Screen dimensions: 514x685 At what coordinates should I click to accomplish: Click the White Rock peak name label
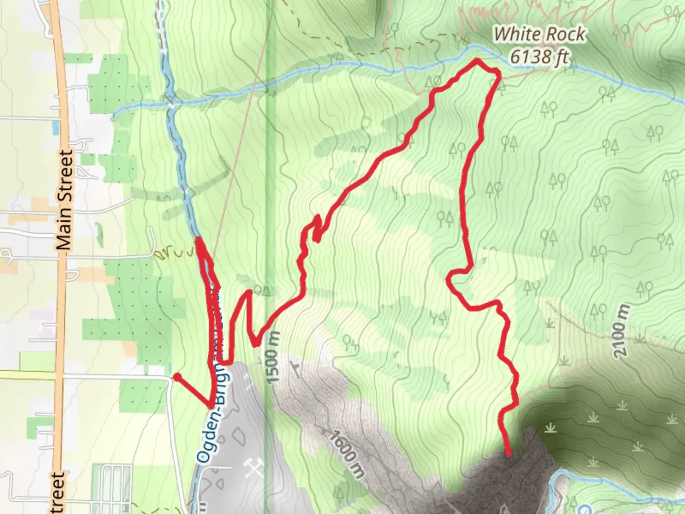[539, 34]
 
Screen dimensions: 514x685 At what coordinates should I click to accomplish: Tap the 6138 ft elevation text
[539, 57]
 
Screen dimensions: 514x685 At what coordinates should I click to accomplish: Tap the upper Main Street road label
[65, 200]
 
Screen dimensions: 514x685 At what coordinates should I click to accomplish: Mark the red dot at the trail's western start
[177, 377]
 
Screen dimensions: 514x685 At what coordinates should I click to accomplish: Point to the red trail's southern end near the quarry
[509, 454]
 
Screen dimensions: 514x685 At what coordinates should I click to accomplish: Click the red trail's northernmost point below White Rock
[477, 60]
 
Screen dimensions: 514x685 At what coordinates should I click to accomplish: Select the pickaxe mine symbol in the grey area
[252, 469]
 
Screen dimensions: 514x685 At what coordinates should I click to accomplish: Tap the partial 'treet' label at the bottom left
[56, 493]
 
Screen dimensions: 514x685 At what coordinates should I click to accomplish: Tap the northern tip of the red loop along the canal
[198, 239]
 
